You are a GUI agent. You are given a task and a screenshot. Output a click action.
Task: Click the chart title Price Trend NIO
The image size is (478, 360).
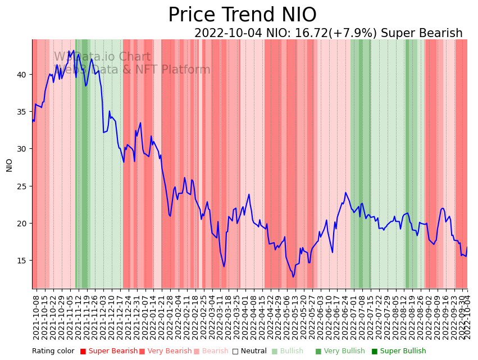[x=242, y=15]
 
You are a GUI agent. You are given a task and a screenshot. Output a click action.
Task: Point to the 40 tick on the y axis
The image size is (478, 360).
[x=22, y=74]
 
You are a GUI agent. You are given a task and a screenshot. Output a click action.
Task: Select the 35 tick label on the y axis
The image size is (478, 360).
[x=22, y=111]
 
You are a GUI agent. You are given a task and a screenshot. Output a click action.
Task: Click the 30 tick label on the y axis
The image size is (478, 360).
[x=22, y=149]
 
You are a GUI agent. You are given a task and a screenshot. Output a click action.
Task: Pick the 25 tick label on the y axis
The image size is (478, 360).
[x=22, y=186]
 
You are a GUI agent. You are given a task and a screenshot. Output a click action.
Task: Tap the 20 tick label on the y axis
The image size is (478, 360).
[x=22, y=223]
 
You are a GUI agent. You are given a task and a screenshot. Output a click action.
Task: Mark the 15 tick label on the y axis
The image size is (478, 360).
[x=22, y=261]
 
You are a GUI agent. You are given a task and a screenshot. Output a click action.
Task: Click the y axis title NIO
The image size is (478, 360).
[x=10, y=165]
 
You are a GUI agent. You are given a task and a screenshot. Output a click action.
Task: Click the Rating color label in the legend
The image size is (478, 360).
[x=53, y=351]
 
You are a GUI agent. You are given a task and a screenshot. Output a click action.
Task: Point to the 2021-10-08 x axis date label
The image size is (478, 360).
[x=36, y=315]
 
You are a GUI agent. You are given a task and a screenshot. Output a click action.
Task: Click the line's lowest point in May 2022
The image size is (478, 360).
[x=293, y=276]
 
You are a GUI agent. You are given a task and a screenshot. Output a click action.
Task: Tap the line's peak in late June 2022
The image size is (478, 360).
[x=346, y=193]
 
